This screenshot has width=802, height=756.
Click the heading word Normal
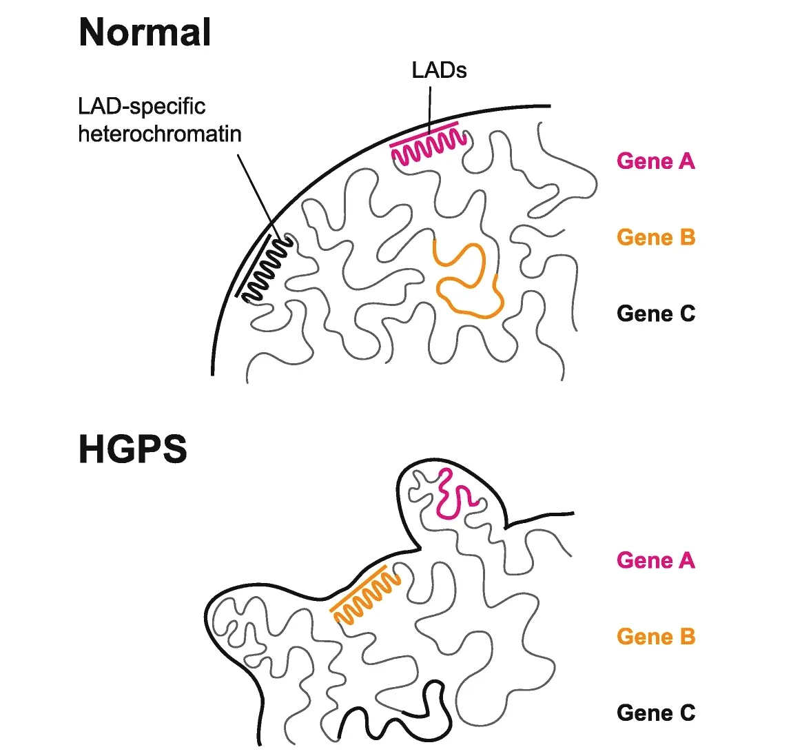[x=145, y=32]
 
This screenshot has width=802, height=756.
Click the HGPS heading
[x=132, y=449]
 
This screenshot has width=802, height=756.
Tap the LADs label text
[x=439, y=70]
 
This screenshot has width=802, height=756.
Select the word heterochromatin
[x=160, y=133]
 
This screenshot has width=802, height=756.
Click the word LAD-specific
[x=141, y=106]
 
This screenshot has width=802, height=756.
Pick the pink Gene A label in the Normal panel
[x=655, y=161]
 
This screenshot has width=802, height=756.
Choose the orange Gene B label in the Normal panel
[x=655, y=238]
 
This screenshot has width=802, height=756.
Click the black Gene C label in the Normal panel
[x=655, y=314]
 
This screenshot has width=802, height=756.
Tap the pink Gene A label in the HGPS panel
[x=655, y=560]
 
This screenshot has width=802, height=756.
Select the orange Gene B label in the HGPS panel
[x=655, y=637]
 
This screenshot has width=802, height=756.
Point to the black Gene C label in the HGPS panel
[x=655, y=713]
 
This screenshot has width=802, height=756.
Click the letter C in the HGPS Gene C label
[x=688, y=713]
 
